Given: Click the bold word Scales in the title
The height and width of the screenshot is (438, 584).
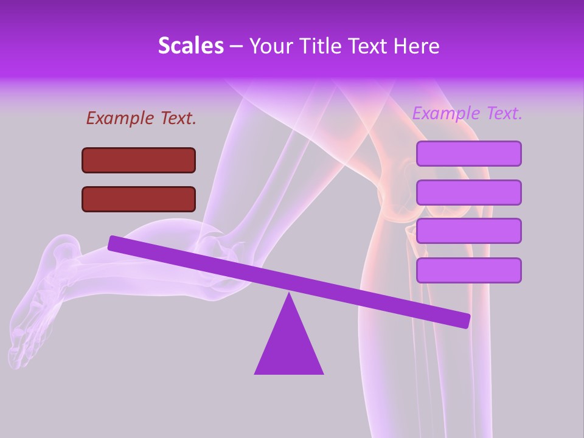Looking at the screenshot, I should coord(190,46).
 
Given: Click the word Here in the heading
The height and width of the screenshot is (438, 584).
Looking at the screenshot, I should coord(417,46).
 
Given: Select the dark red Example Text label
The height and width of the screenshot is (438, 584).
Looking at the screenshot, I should coord(141,118).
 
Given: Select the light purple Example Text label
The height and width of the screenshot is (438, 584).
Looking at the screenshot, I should coord(467,113).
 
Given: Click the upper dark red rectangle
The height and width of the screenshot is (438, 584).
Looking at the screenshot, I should coord(139,160).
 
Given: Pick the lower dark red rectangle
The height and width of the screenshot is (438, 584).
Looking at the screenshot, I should coord(139,199).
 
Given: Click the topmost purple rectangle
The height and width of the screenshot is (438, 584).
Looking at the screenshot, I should coord(468,153).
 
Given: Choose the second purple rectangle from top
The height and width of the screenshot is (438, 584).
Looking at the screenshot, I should coord(468,192).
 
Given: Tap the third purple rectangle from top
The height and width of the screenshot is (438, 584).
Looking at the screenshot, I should coord(468,231).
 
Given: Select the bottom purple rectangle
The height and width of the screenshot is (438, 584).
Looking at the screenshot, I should coord(468,270).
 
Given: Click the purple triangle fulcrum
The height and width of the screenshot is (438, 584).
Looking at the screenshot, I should coord(289,347).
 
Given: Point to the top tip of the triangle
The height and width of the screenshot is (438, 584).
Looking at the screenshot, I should coord(289,294).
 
